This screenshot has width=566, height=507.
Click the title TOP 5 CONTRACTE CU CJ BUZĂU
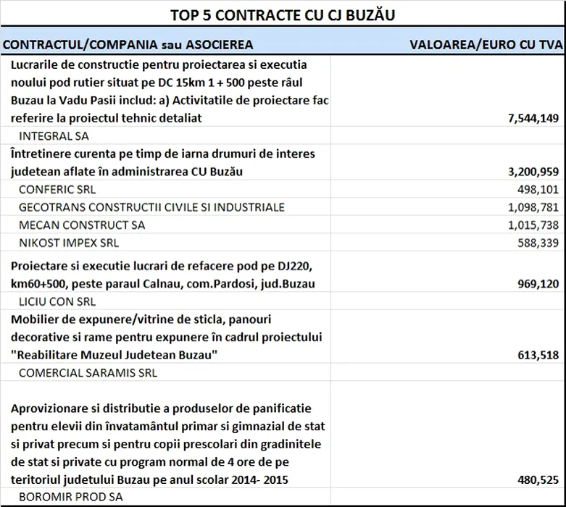click(283, 14)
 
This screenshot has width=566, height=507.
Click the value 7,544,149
click(530, 118)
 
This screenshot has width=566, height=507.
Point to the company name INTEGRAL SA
click(53, 135)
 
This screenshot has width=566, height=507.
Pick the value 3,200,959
click(530, 172)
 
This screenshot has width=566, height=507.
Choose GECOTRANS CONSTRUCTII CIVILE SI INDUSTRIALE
click(151, 207)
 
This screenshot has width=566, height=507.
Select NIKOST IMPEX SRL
click(68, 243)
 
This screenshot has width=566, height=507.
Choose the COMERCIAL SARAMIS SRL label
click(87, 373)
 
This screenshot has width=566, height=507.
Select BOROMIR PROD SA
click(70, 498)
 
